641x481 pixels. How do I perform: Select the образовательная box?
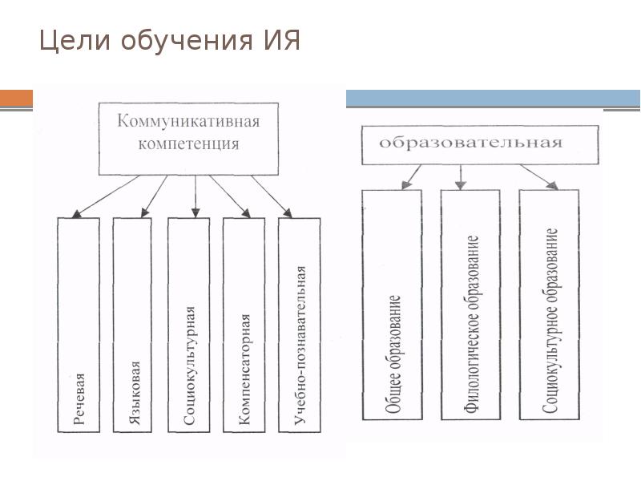pyautogui.click(x=481, y=144)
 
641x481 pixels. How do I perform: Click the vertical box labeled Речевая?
pyautogui.click(x=79, y=325)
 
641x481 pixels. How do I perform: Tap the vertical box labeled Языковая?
pyautogui.click(x=134, y=325)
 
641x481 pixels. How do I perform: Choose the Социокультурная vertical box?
pyautogui.click(x=189, y=325)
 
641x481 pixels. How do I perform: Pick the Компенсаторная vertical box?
pyautogui.click(x=244, y=325)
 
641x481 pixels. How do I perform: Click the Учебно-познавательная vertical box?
pyautogui.click(x=299, y=325)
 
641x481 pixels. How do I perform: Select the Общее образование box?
pyautogui.click(x=392, y=305)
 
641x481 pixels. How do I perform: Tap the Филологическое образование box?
pyautogui.click(x=470, y=305)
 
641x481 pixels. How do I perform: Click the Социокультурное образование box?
pyautogui.click(x=549, y=305)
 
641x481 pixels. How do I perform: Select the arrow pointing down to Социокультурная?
pyautogui.click(x=195, y=195)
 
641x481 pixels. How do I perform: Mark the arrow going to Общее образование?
pyautogui.click(x=413, y=176)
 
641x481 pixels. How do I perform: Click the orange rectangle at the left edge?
pyautogui.click(x=16, y=99)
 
